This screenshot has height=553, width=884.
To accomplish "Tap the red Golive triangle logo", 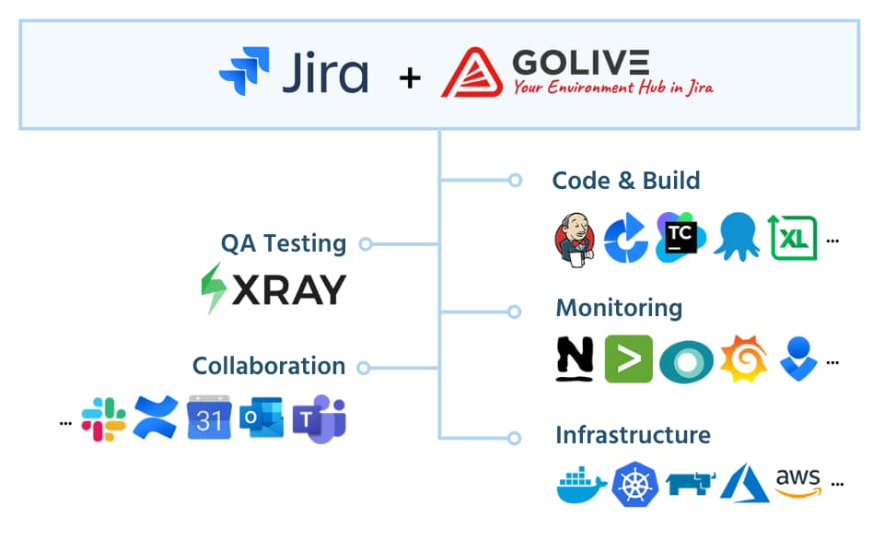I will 471,74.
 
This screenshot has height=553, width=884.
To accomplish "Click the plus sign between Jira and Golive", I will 410,78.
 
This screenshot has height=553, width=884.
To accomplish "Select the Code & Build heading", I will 625,181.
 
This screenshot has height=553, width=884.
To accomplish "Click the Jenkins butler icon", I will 575,238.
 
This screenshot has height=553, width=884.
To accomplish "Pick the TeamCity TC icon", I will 680,238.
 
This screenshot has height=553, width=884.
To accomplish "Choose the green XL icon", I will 793,238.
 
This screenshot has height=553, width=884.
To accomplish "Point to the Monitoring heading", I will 619,307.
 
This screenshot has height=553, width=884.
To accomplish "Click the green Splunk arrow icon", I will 628,359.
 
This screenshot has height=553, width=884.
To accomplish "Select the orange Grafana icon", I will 743,359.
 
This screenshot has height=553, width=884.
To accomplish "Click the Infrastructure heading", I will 633,434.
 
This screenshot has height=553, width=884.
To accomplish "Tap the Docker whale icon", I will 581,484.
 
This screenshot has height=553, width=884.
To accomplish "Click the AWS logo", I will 797,482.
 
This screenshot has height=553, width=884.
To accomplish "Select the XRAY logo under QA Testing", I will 273,288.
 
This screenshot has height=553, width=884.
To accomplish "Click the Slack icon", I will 103,419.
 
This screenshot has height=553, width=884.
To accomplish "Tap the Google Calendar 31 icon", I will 209,419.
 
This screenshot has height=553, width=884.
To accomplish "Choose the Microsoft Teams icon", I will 319,420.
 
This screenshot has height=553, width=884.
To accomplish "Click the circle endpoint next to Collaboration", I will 363,368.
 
